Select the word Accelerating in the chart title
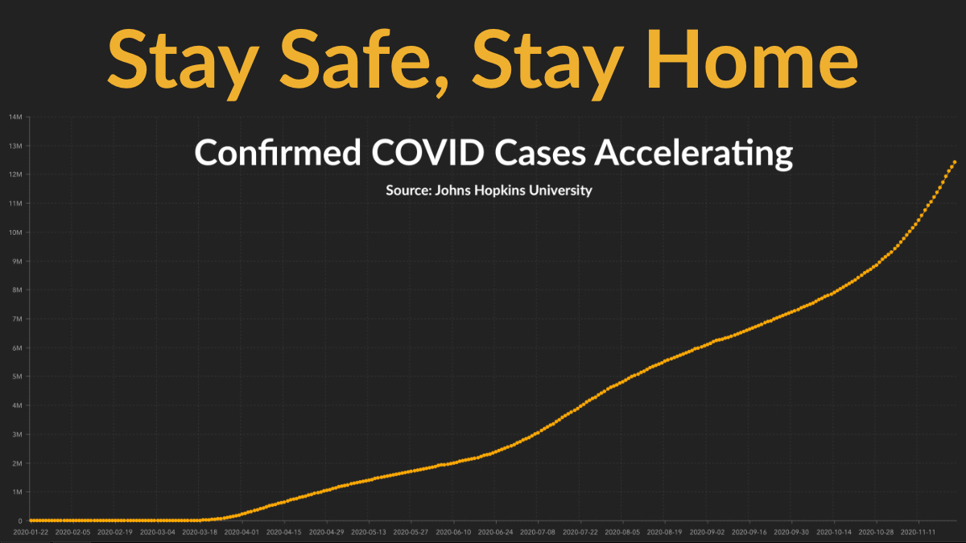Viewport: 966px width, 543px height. click(693, 154)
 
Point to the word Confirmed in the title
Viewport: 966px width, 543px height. click(277, 152)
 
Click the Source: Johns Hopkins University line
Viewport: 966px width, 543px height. click(489, 190)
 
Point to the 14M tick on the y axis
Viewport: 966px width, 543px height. click(15, 117)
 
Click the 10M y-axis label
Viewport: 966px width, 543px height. click(15, 232)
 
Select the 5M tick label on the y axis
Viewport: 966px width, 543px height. click(17, 376)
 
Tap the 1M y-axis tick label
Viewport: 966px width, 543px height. click(17, 492)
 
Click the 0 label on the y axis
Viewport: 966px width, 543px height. click(20, 521)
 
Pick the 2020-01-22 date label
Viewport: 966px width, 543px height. click(31, 533)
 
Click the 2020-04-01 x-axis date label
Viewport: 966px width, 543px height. click(242, 533)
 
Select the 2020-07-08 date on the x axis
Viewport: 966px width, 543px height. click(538, 533)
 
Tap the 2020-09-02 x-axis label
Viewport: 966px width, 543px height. click(707, 533)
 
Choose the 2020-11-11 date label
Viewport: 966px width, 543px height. click(919, 533)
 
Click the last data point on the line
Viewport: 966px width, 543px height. click(955, 162)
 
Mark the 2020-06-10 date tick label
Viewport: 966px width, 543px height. click(453, 533)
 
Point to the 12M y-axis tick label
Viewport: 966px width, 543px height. click(15, 175)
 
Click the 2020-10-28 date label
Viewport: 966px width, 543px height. click(876, 533)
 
